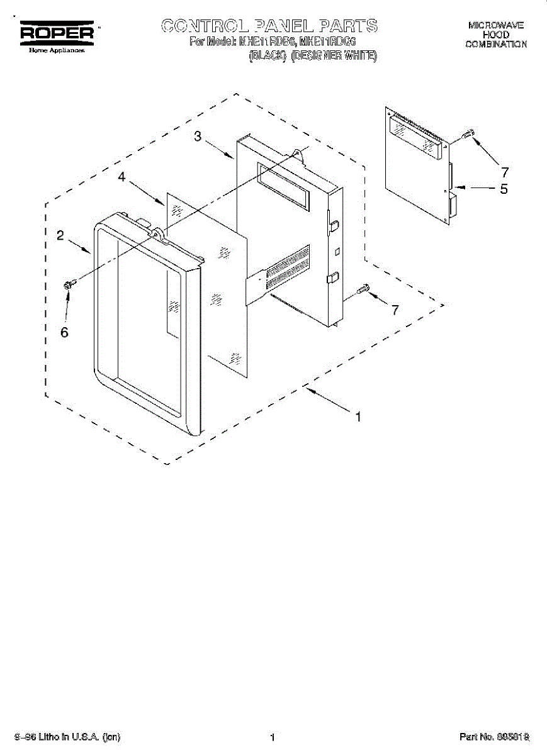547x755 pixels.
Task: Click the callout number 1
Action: pos(358,417)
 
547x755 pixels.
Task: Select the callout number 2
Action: pos(60,236)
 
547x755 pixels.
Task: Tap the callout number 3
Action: pos(198,137)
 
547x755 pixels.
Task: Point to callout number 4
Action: pos(122,179)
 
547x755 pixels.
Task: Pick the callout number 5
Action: pos(504,189)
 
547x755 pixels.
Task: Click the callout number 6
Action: pos(64,333)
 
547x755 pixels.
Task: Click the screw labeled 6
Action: pos(69,284)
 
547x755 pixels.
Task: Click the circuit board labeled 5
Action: pos(419,167)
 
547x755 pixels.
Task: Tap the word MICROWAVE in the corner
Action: pos(496,26)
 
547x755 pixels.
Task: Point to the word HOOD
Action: pos(496,35)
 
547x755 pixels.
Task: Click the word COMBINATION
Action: pos(496,45)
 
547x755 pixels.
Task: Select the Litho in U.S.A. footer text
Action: pos(69,737)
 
